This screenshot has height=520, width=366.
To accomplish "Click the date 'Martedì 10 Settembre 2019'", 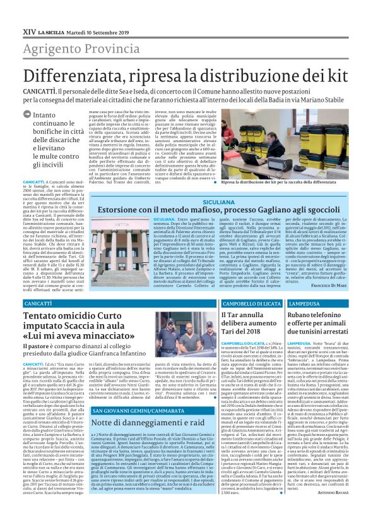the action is click(x=98, y=30).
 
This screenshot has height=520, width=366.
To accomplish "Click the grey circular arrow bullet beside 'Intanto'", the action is click(x=26, y=115).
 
